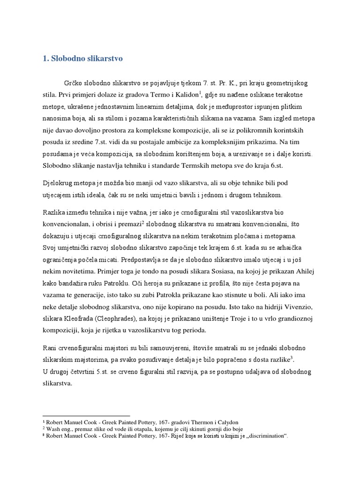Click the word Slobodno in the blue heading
click(x=68, y=59)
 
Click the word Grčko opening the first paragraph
click(x=79, y=83)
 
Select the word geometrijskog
click(x=287, y=83)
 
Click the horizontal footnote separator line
click(x=86, y=415)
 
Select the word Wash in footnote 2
click(x=52, y=429)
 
